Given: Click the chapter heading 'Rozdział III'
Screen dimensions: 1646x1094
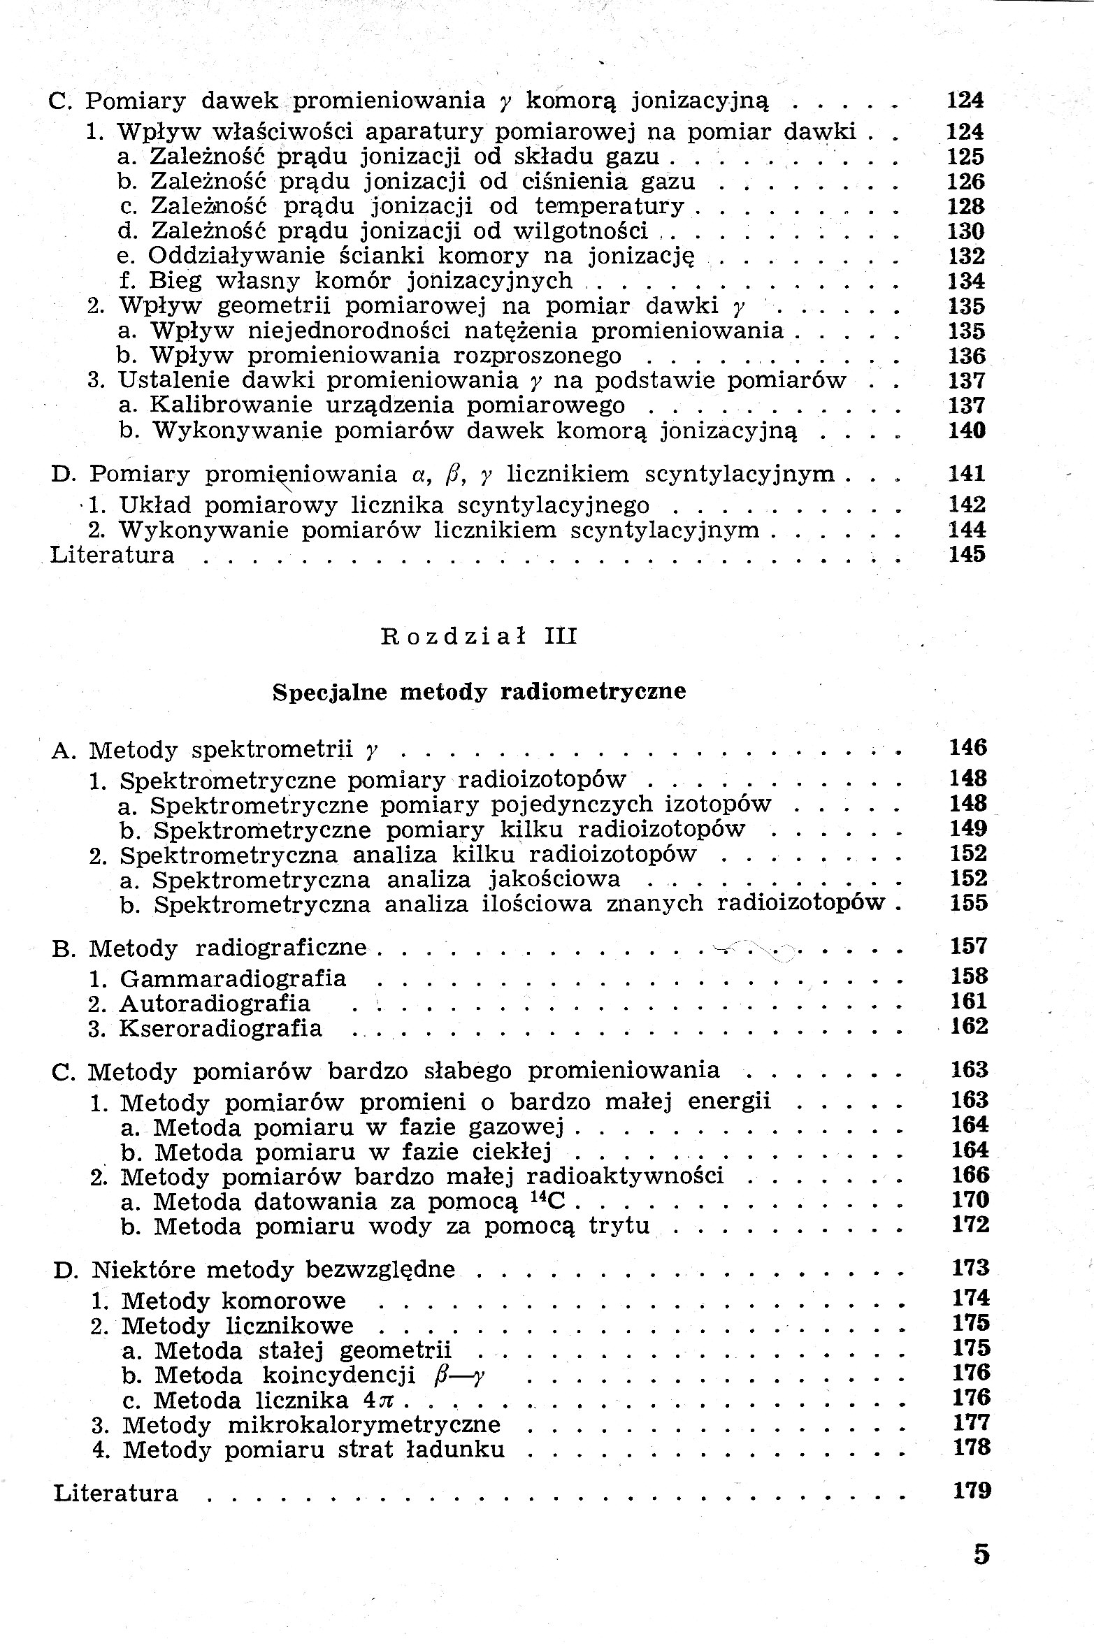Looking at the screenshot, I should (x=479, y=637).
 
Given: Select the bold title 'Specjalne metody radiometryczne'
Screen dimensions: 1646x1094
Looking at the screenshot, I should (x=479, y=691).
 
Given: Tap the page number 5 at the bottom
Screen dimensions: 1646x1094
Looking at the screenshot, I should (x=981, y=1553).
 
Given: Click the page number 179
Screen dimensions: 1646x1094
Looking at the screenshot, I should (x=972, y=1491).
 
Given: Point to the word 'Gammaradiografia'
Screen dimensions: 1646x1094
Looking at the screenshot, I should (x=233, y=979).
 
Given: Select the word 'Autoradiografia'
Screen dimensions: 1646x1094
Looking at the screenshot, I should (x=215, y=1004).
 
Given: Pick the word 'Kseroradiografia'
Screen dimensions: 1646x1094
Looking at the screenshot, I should (x=221, y=1029).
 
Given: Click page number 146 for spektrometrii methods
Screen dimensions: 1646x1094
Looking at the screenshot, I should (x=968, y=748).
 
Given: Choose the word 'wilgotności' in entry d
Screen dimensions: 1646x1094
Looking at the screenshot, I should (x=580, y=231).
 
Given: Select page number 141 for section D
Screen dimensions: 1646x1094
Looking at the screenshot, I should (x=967, y=474).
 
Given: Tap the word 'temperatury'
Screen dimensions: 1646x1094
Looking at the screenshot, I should (x=610, y=206).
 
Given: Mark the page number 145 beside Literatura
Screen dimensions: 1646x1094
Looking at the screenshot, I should (x=967, y=554).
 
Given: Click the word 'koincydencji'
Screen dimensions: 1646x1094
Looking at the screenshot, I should (x=338, y=1375).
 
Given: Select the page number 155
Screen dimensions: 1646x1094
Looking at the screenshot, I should (x=969, y=903).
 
